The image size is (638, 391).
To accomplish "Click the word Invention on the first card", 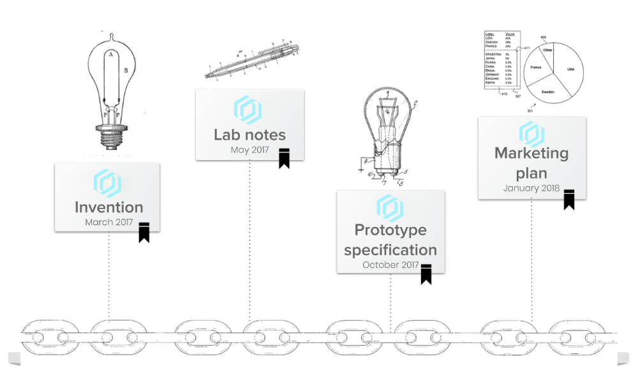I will (108, 207).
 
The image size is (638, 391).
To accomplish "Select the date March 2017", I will (108, 223).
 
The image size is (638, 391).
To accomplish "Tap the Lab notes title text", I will (249, 135).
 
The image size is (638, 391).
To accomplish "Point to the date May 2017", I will (249, 150).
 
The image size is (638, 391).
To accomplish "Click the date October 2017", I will (390, 265).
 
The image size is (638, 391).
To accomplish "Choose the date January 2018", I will (531, 188).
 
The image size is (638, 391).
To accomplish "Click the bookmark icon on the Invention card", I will (144, 232).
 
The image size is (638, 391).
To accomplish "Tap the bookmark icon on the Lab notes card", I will (284, 158).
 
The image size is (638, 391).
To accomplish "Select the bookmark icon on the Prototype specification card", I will (426, 274).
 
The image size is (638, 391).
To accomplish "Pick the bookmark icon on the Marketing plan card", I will (569, 199).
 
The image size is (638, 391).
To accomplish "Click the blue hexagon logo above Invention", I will (107, 183).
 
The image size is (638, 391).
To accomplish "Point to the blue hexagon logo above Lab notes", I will (248, 110).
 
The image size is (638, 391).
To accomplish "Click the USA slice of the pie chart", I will (570, 69).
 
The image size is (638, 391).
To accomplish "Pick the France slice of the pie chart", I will (536, 66).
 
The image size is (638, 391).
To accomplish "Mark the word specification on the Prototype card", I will (390, 249).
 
